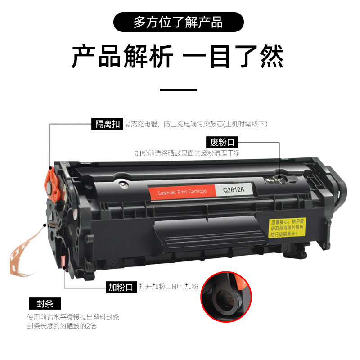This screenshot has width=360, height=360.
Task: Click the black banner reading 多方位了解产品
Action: tap(178, 22)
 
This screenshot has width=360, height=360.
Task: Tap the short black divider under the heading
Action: tap(179, 90)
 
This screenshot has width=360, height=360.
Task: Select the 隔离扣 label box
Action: tap(108, 124)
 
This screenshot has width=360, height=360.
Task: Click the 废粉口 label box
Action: tap(222, 143)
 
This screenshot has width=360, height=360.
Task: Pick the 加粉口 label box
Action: tap(121, 287)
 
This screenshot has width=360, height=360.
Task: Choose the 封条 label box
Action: tap(45, 303)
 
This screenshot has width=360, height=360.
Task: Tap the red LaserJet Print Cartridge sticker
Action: tap(183, 192)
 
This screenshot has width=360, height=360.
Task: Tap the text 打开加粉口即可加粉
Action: tap(168, 287)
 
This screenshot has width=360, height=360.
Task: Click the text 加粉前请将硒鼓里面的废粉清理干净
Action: tap(187, 153)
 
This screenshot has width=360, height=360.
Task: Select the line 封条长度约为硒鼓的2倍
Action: tap(62, 326)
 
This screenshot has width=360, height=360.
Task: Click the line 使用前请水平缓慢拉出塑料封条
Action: tap(73, 317)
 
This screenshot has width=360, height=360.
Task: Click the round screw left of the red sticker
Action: tap(122, 184)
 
